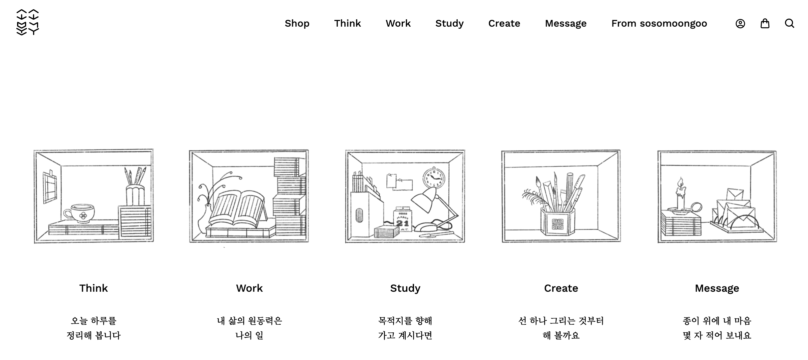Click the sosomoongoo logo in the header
point(28,22)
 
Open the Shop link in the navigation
point(297,23)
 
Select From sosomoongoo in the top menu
point(659,23)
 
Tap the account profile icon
point(740,24)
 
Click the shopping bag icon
point(765,23)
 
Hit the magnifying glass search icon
point(790,23)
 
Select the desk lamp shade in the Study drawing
point(424,199)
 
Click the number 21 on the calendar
point(402,223)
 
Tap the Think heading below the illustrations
point(94,288)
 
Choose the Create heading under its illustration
point(561,288)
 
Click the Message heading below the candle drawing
point(717,288)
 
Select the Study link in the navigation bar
point(449,23)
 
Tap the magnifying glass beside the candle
point(696,208)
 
